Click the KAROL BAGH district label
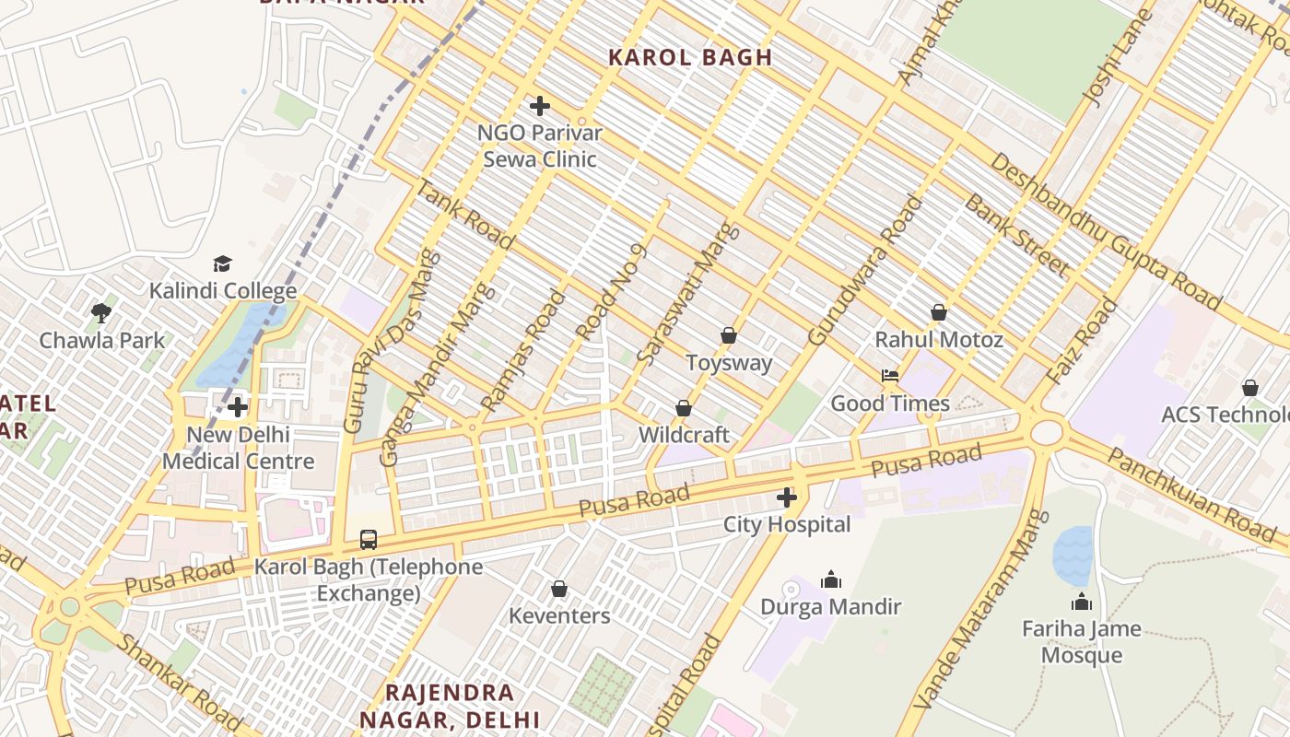click(690, 57)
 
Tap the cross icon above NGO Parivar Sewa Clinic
click(539, 106)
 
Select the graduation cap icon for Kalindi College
click(222, 264)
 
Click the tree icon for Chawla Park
click(101, 313)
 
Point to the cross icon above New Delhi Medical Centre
click(238, 406)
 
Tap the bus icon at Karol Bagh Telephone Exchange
click(368, 539)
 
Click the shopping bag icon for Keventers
click(558, 589)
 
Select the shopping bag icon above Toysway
click(729, 335)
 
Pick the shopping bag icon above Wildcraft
click(683, 407)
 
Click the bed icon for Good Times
click(889, 376)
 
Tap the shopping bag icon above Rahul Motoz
click(938, 312)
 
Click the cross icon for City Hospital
click(786, 497)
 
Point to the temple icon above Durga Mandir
click(830, 579)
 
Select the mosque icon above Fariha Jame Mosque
click(1081, 602)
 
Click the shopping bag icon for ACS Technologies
click(1249, 388)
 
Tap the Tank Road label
click(465, 215)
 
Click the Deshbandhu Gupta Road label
click(1105, 231)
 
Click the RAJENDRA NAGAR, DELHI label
click(450, 706)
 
